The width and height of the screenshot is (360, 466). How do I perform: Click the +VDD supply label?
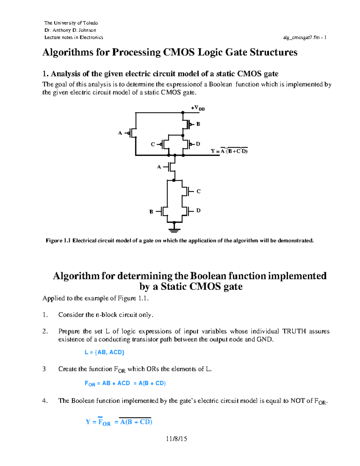(198, 108)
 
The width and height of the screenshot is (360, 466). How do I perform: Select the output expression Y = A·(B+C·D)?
(229, 151)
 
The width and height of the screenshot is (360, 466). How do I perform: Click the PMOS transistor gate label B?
(198, 124)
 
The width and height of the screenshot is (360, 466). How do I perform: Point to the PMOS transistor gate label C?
(153, 144)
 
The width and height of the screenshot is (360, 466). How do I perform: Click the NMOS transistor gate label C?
(198, 191)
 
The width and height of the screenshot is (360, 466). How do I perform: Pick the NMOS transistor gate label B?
(151, 212)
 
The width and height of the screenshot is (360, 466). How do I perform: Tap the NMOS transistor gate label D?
(198, 210)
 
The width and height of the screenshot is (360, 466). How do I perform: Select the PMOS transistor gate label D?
(198, 144)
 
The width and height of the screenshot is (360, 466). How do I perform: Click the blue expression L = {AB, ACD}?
(104, 352)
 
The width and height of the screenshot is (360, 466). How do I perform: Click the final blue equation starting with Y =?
(119, 422)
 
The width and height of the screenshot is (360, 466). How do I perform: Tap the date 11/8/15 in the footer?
(176, 439)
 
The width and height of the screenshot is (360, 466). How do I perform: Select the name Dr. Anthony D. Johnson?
(70, 30)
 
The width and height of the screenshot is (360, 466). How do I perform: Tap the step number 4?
(45, 401)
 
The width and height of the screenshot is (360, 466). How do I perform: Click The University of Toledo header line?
(71, 23)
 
